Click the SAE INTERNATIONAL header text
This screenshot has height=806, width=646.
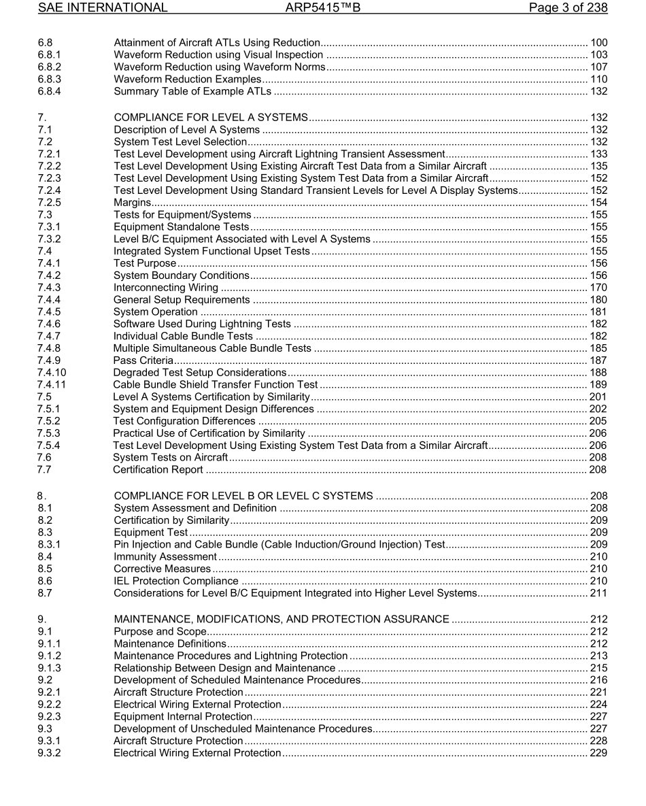point(103,8)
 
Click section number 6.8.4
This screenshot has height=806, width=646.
point(49,92)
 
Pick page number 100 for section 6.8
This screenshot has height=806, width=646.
point(598,43)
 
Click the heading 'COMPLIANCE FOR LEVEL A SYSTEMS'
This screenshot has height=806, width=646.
point(211,118)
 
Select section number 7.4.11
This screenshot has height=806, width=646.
point(52,384)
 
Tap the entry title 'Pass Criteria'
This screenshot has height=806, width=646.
point(143,360)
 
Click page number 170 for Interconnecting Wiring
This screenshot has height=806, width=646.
point(598,288)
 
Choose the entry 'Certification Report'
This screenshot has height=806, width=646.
point(158,470)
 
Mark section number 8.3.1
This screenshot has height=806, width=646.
point(49,545)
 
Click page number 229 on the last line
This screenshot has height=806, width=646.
point(598,753)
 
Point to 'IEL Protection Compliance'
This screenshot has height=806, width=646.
point(176,582)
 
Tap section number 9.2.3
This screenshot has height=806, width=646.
point(49,717)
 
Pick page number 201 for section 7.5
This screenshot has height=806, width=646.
point(598,397)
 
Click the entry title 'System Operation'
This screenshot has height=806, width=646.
point(156,312)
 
